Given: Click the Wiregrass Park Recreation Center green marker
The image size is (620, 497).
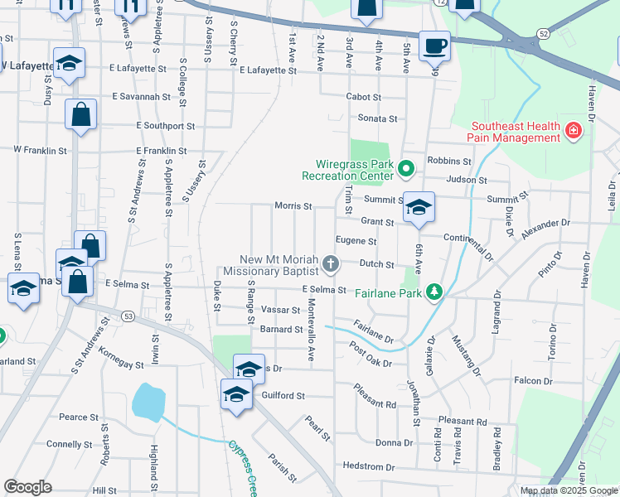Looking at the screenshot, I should [405, 169].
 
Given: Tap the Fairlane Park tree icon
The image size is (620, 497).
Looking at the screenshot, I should [434, 292].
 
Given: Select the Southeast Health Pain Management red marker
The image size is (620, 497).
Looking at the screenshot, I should [573, 131].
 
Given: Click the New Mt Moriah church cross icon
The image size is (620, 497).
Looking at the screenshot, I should [331, 265].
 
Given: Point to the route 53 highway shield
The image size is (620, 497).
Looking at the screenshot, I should [128, 316].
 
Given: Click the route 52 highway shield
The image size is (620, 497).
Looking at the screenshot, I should [542, 32].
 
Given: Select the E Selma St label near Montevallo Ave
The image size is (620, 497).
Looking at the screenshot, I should [323, 289].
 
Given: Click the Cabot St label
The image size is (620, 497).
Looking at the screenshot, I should [363, 97].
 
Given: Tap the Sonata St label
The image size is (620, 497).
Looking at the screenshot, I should [377, 118].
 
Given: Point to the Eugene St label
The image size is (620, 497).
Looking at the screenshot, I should [356, 241].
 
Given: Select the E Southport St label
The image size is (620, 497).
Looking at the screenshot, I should [166, 127].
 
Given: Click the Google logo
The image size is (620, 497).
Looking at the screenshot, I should [27, 487].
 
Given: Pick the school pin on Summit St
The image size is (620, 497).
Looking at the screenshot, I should [419, 207].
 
